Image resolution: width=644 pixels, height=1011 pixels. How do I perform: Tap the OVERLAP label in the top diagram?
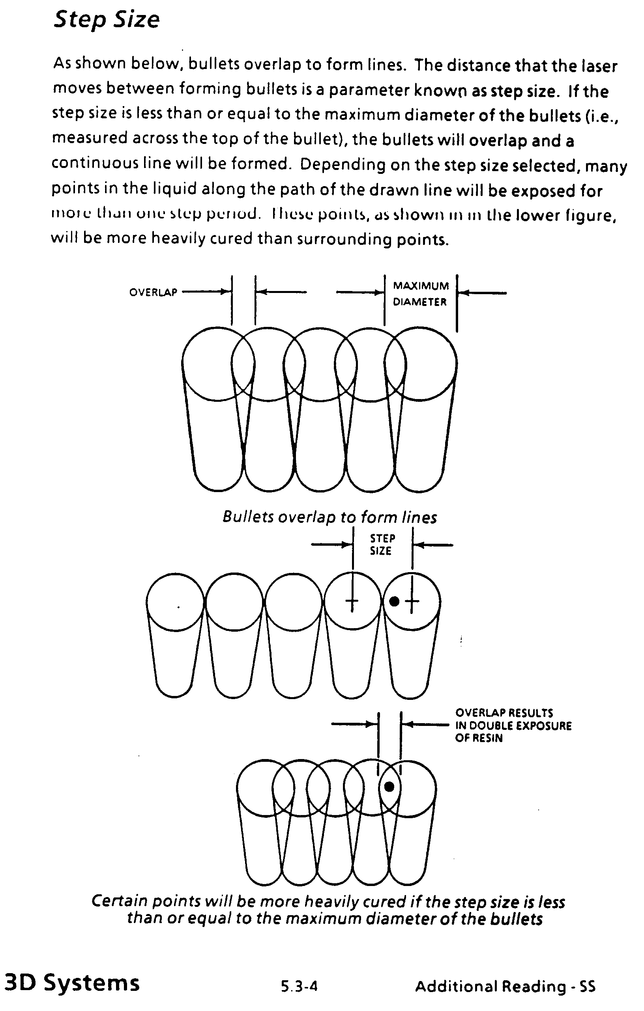(153, 292)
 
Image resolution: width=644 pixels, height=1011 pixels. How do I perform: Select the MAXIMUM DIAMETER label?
(421, 294)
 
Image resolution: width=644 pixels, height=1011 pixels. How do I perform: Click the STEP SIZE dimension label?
(382, 545)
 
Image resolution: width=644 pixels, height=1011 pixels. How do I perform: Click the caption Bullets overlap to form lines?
(329, 517)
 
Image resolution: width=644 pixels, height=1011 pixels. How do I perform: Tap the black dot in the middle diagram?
(394, 601)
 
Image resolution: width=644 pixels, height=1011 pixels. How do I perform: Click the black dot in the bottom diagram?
(389, 787)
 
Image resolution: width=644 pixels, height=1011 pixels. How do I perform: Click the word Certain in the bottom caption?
(119, 901)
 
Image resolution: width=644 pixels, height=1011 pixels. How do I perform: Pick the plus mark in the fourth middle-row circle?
(352, 601)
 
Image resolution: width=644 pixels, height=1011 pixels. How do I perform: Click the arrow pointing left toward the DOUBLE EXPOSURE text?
(425, 724)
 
